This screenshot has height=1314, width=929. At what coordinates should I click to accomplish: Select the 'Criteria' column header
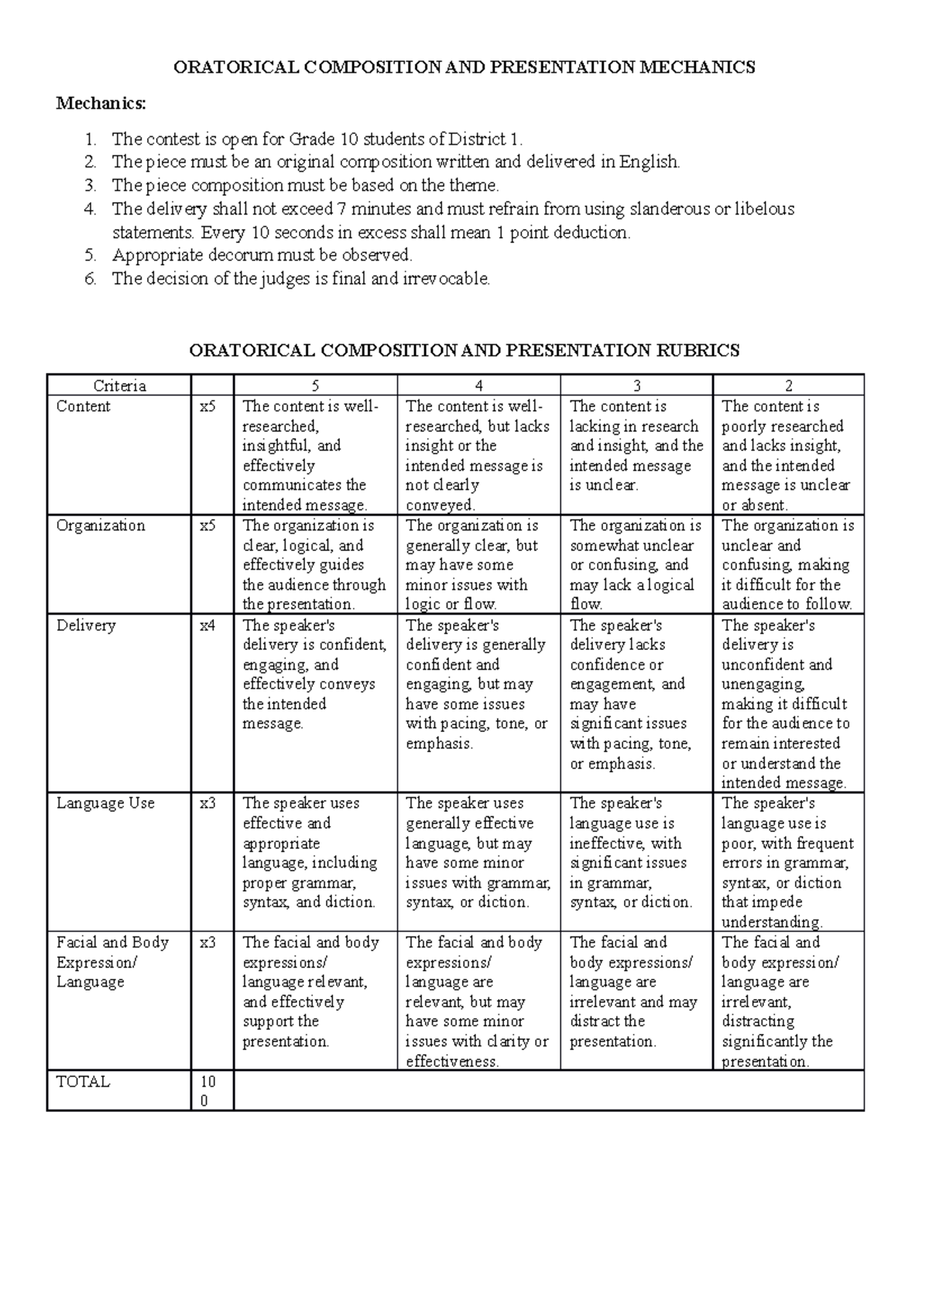pyautogui.click(x=119, y=385)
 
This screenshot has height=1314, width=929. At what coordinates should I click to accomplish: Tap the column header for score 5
pyautogui.click(x=315, y=385)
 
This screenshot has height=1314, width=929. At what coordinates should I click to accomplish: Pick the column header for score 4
pyautogui.click(x=478, y=385)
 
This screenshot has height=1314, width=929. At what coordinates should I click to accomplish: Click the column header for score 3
pyautogui.click(x=636, y=385)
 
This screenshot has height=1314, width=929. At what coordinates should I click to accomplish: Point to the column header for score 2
pyautogui.click(x=788, y=385)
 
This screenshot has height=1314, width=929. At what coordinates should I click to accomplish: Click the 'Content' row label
pyautogui.click(x=84, y=406)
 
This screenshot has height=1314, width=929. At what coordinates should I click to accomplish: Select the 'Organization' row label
pyautogui.click(x=101, y=525)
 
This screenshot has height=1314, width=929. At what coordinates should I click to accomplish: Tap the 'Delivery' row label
pyautogui.click(x=86, y=625)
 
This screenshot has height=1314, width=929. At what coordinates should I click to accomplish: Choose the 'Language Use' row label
pyautogui.click(x=105, y=803)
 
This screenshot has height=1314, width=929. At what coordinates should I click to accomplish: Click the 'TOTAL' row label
pyautogui.click(x=84, y=1081)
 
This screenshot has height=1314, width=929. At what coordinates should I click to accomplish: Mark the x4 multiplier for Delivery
pyautogui.click(x=207, y=625)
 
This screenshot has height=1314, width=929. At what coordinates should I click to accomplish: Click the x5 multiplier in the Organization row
pyautogui.click(x=207, y=525)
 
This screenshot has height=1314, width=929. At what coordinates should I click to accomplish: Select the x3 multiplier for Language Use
pyautogui.click(x=207, y=803)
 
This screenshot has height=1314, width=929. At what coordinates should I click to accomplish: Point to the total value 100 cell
pyautogui.click(x=208, y=1090)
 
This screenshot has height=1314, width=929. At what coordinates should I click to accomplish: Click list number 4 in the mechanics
pyautogui.click(x=91, y=209)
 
